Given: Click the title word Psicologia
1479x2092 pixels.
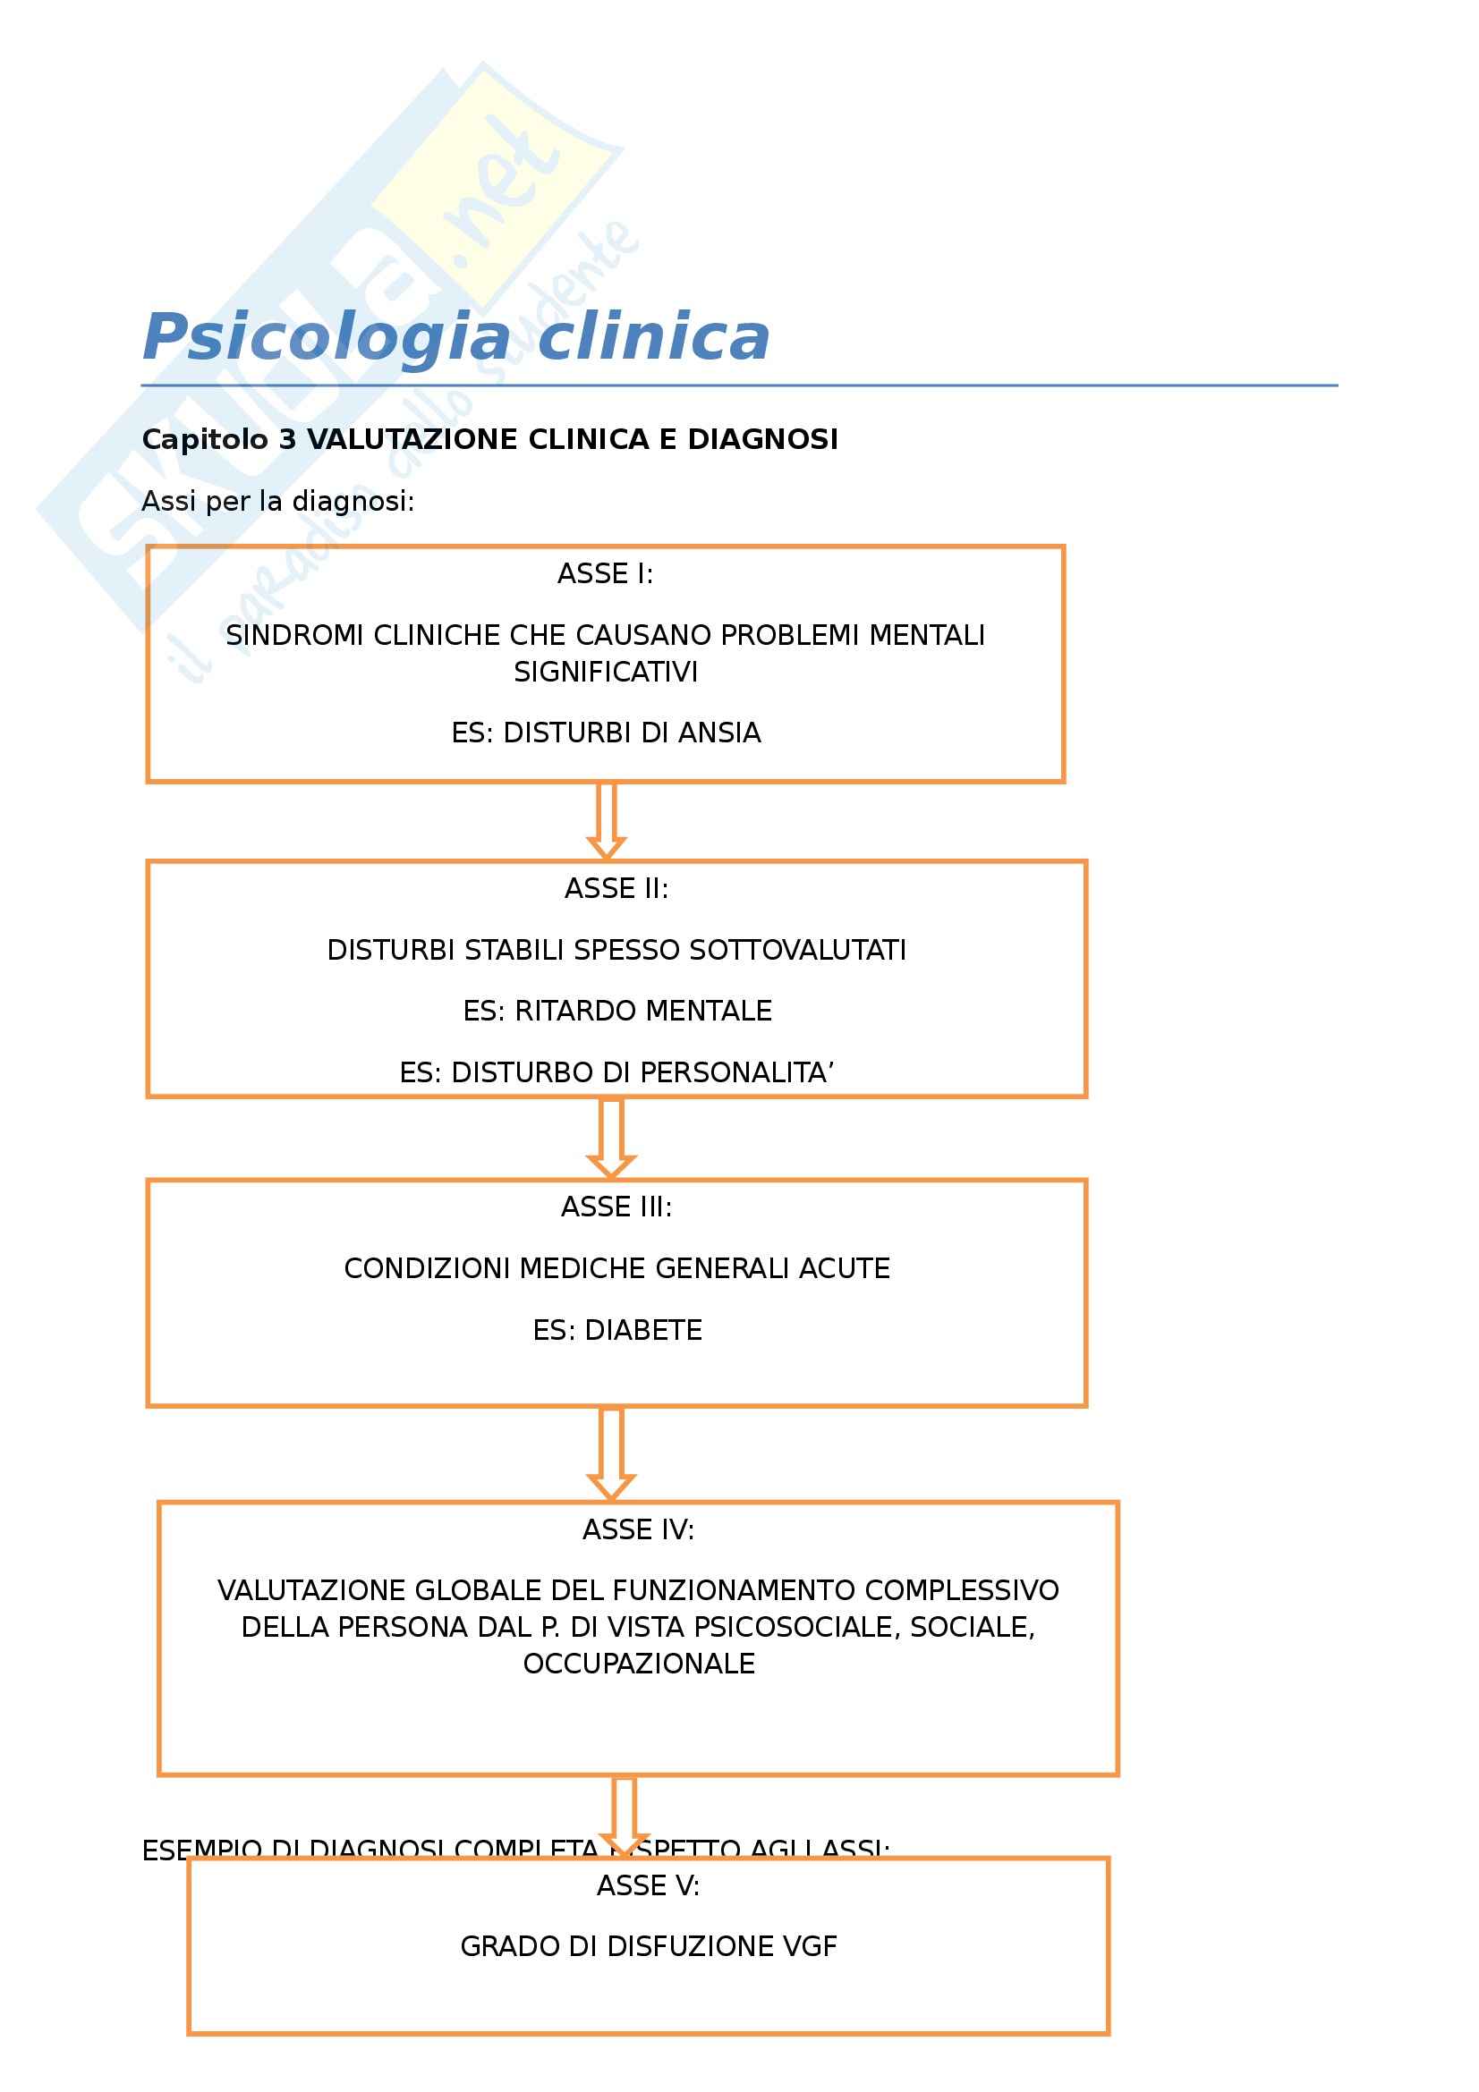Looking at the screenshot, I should coord(327,338).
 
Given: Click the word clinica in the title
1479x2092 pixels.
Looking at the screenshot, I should coord(653,338).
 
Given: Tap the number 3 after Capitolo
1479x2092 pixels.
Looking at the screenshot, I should coord(288,440).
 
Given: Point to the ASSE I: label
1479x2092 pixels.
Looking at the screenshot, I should coord(605,574).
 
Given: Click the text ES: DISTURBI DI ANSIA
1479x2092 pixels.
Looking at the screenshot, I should coord(605,733).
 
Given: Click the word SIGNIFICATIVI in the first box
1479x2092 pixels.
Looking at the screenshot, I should coord(605,673).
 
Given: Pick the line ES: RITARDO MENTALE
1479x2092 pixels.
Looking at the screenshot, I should coord(617,1011).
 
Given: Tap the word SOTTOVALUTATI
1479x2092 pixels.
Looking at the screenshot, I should coord(797,951).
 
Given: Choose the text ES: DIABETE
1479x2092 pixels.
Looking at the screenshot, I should coord(617,1330).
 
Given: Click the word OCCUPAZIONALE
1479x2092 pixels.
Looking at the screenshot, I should coord(638,1664).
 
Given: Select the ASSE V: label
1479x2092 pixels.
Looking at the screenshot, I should coord(648,1885).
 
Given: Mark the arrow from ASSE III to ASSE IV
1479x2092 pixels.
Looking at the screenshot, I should coord(611,1453).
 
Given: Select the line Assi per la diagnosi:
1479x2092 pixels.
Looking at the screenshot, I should coord(278,501).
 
